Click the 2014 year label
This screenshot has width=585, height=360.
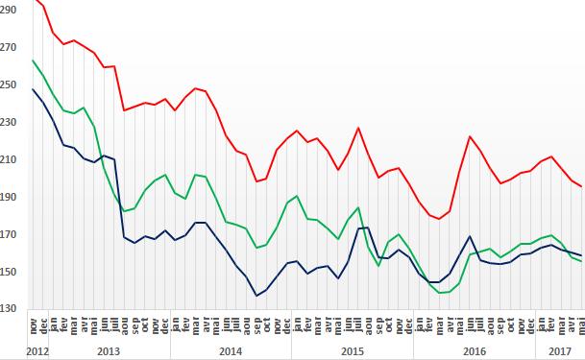[231, 351]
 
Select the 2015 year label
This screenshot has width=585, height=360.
[353, 351]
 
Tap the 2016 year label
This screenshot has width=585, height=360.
[475, 351]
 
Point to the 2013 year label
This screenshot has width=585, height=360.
[109, 351]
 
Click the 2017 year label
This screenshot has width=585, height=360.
[560, 351]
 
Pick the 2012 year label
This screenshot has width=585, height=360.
[37, 351]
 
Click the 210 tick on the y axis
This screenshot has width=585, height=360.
[9, 159]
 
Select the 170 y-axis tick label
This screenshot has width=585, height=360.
[9, 234]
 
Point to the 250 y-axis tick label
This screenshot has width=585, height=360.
[9, 84]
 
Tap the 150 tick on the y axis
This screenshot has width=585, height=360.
[9, 272]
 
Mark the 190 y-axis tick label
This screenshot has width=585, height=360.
[9, 197]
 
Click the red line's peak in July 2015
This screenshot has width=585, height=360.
[358, 128]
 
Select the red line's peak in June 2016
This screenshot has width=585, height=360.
[470, 136]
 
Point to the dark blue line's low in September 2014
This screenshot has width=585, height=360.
[256, 296]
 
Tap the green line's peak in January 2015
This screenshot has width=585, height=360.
[297, 196]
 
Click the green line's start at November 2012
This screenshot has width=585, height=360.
[33, 60]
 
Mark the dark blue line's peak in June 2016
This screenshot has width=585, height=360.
[470, 236]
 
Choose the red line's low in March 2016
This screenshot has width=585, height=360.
[439, 219]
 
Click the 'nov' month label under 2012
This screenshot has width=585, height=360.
[33, 325]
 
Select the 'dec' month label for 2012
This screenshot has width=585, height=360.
[43, 325]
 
